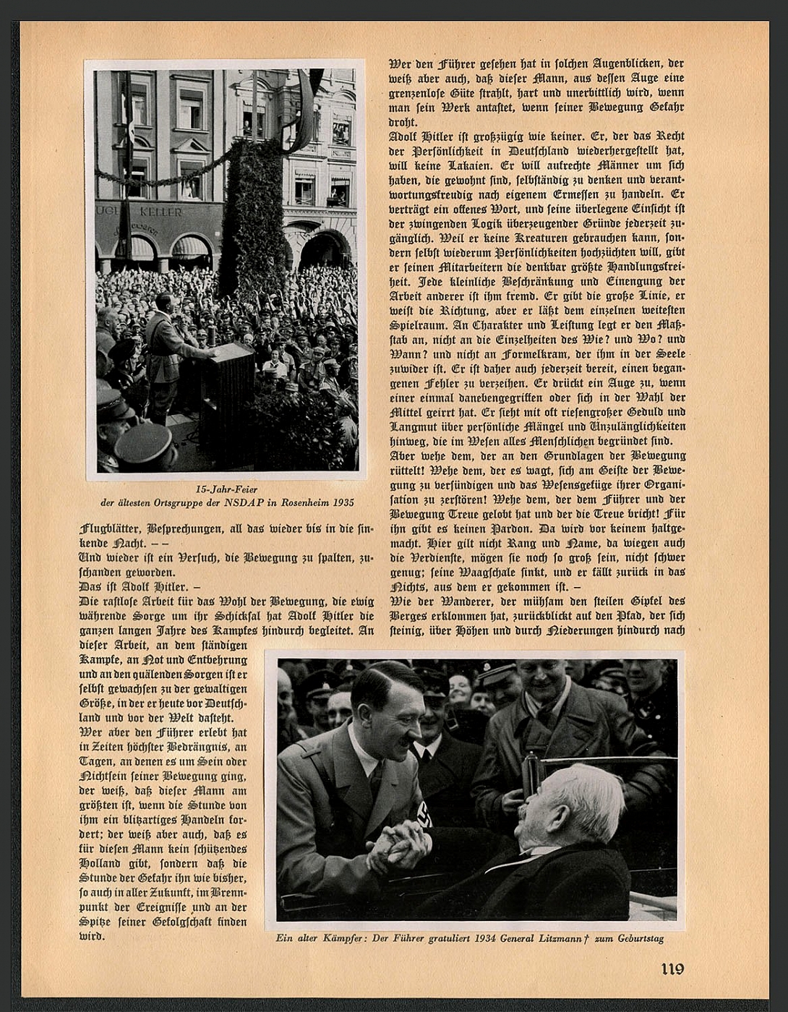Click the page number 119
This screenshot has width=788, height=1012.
tap(672, 969)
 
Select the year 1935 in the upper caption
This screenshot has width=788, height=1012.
tap(344, 502)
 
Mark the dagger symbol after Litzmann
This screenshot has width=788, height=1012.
tap(588, 938)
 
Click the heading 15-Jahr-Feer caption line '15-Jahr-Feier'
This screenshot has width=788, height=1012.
tap(226, 489)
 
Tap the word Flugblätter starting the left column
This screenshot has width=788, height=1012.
tap(113, 528)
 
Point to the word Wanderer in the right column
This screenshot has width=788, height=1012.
tap(461, 601)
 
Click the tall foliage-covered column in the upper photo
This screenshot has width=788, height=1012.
tap(252, 217)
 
